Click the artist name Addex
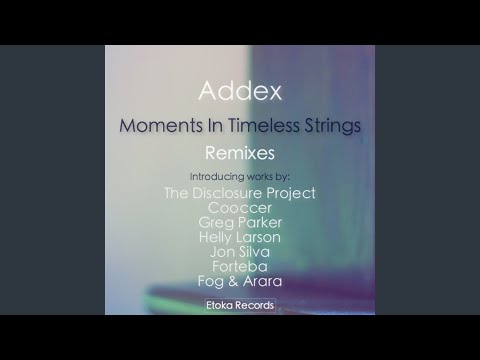tap(239, 93)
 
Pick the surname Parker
tap(259, 223)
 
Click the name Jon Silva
tap(239, 252)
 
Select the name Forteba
tap(239, 267)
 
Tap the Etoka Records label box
tap(239, 304)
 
